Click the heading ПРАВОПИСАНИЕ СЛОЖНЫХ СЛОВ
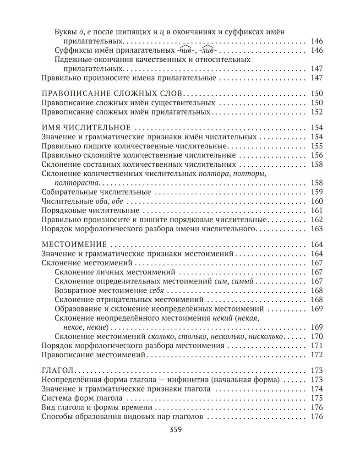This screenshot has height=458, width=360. pos(112,93)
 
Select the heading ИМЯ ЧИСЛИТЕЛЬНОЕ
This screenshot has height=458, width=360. pos(86,127)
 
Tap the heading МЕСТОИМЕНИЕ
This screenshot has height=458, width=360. pos(74,244)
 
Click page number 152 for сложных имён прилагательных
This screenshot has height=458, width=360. pos(317,112)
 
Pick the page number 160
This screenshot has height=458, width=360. pos(317,201)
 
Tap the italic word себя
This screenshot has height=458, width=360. pos(157,291)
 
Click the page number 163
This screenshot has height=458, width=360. pos(317,229)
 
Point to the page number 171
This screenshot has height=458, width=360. pos(317,345)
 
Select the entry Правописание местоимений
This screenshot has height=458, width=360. pos(93,354)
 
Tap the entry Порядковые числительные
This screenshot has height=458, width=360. pos(90,211)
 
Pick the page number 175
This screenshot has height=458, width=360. pos(317,398)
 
